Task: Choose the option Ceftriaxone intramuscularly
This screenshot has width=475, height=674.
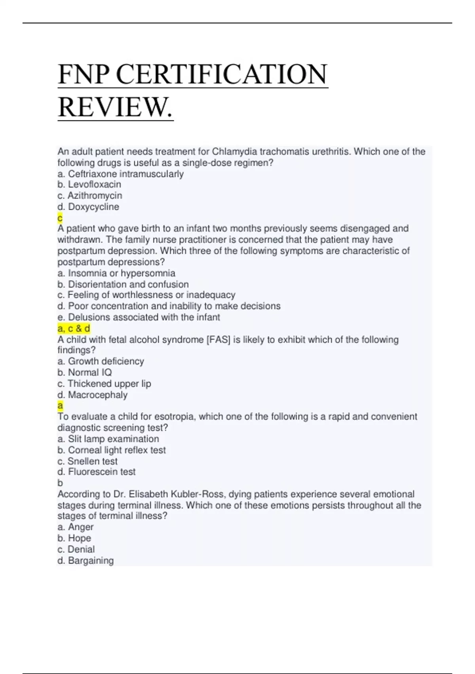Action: coord(121,174)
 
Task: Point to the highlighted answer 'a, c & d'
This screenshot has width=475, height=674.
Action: coord(74,328)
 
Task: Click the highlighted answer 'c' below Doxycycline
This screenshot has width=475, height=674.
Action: coord(60,218)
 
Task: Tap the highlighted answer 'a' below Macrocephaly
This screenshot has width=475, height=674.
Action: coord(60,405)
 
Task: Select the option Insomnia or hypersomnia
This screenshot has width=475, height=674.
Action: coord(116,273)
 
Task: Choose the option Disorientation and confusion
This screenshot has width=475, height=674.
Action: coord(123,284)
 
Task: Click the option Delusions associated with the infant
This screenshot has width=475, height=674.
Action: coord(139,317)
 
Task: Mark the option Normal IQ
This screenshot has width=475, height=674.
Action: coord(85,372)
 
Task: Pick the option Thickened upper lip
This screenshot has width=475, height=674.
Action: coord(104,383)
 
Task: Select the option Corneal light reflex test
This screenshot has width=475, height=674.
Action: coord(112,450)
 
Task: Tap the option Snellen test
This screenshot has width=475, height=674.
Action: coord(87,461)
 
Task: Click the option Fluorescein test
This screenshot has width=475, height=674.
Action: coord(97,472)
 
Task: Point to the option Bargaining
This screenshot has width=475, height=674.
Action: coord(85,560)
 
